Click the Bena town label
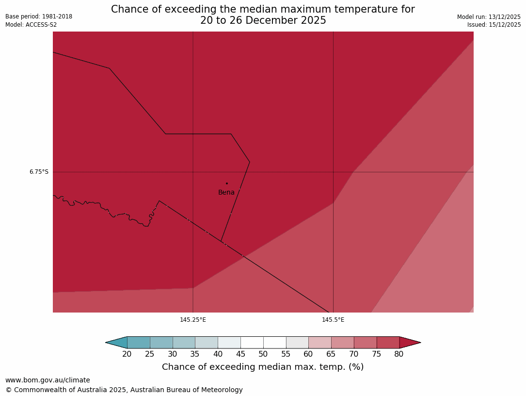[226, 193]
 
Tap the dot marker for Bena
[226, 183]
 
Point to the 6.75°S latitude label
[39, 172]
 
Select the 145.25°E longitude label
[193, 320]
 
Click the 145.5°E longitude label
[333, 320]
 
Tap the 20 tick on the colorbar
[127, 354]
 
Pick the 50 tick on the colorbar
[263, 354]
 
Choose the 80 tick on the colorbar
[399, 354]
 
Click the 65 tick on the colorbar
[331, 354]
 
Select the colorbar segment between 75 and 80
[388, 343]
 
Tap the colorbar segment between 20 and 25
[139, 343]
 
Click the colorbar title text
[263, 367]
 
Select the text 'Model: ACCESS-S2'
[31, 25]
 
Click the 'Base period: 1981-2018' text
[39, 16]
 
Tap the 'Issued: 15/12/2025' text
[494, 25]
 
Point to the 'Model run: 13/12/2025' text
[489, 17]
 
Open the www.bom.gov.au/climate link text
[48, 380]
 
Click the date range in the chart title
[263, 21]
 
